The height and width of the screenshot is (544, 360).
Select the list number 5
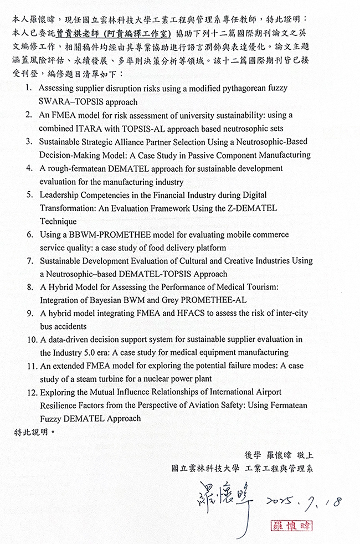tap(29, 195)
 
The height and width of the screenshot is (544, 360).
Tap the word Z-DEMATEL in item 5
tap(251, 208)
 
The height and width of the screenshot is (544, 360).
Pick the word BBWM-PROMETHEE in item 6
tap(104, 234)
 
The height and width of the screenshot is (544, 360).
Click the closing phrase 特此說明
tap(34, 432)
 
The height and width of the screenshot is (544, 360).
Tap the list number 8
tap(29, 287)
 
